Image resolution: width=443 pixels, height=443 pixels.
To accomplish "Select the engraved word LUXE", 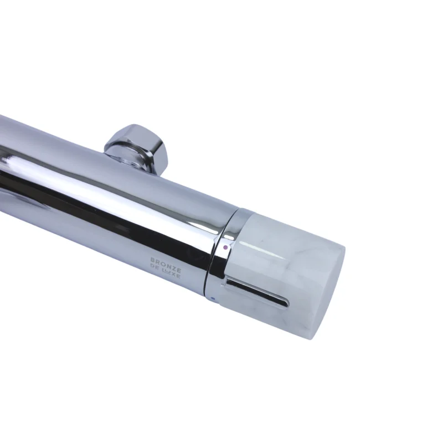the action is coord(172,274).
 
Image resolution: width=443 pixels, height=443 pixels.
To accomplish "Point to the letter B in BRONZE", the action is coord(153,260).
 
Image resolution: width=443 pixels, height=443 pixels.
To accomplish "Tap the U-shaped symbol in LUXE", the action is coord(169,272).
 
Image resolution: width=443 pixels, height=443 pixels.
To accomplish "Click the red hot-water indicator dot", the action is coord(225,248).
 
